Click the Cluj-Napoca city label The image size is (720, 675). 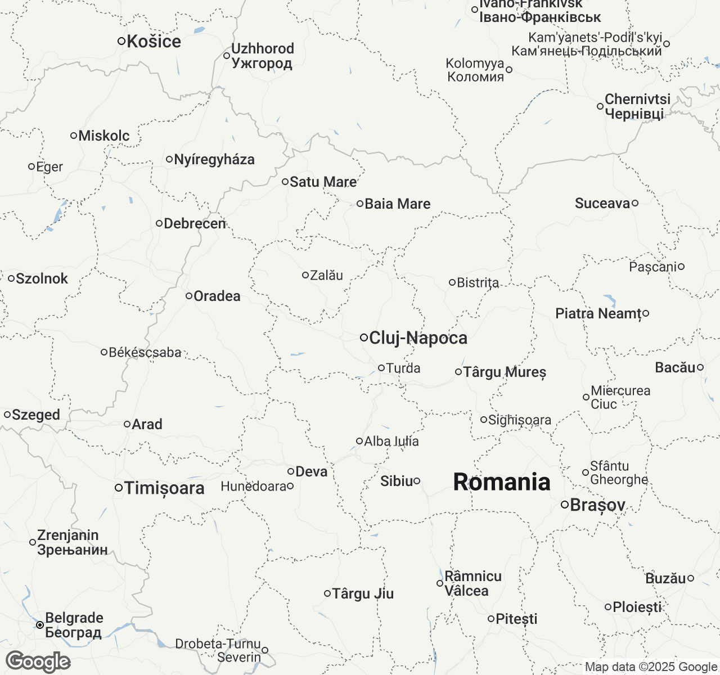coord(418,338)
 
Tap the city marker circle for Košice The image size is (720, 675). coord(121,41)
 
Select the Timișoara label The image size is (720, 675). coord(164,488)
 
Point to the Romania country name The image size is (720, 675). coord(502,483)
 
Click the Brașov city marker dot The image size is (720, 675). coord(565,505)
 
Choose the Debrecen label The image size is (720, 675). coord(195,224)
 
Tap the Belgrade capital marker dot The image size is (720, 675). coord(40,625)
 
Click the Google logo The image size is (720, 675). coord(38,662)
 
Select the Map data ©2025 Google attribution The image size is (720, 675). coord(651,667)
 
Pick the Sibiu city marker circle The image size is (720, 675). coord(417,481)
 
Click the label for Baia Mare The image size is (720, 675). coord(398,204)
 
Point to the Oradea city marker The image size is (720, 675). coord(189,296)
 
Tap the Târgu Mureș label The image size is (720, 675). coord(505,372)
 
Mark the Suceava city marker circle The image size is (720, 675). coord(635,203)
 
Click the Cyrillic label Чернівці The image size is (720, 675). coord(634,114)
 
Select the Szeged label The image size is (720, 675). coord(36,415)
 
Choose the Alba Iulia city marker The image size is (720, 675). coord(359,441)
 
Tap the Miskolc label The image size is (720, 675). coord(104,136)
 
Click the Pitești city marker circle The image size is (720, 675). coord(491,619)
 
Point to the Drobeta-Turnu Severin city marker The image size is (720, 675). coord(265,650)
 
